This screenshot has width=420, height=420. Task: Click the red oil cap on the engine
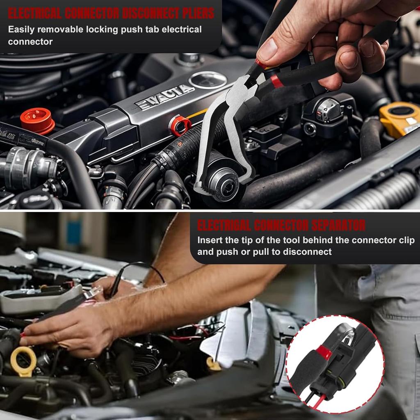point(37,120)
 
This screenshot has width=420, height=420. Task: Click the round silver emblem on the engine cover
point(208,80)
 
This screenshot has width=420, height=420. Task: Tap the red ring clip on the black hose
point(179,126)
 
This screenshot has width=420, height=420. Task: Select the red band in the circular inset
point(324,352)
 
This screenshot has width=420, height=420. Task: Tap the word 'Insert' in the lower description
point(210,240)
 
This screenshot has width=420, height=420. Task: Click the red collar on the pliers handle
point(277,81)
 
